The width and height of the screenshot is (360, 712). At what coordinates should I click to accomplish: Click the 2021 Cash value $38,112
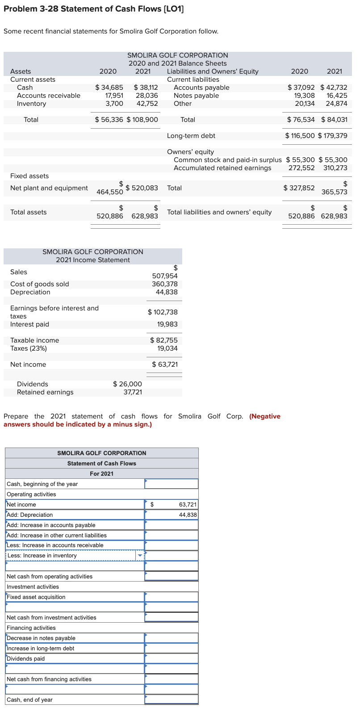pos(146,88)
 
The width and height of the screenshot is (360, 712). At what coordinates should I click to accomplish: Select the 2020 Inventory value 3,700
pos(114,104)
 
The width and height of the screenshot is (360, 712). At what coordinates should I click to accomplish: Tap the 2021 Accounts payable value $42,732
pos(334,88)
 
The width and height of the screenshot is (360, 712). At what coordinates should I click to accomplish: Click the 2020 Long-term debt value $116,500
pos(300,136)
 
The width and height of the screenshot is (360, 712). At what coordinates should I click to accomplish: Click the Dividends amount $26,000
pos(127,384)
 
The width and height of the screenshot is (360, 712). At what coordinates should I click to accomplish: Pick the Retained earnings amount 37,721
pos(133,392)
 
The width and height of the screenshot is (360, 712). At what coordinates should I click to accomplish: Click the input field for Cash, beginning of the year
pos(172,484)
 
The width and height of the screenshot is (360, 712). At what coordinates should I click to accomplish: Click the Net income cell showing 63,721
pos(172,504)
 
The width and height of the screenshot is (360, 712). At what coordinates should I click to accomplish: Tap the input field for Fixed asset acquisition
pos(172,597)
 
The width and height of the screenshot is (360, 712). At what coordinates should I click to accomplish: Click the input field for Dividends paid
pos(172,659)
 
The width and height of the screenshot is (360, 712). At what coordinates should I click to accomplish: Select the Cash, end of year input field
pos(172,700)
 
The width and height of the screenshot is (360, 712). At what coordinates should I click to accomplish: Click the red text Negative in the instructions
pos(266,416)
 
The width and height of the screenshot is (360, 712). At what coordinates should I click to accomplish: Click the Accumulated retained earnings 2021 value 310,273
pos(335,168)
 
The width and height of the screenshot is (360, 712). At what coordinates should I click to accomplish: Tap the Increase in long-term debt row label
pos(41,649)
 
